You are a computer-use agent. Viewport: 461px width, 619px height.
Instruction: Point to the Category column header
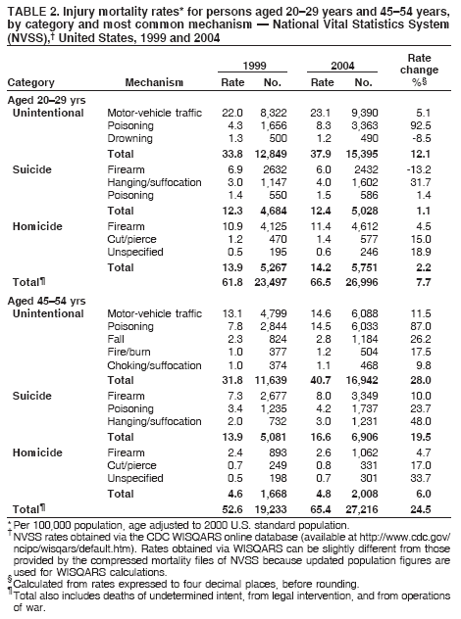click(30, 83)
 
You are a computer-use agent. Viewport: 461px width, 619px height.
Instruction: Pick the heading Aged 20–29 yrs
click(44, 101)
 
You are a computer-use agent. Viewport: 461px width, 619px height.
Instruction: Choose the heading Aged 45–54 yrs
click(44, 299)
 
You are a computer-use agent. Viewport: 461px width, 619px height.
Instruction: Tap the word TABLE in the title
click(26, 11)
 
